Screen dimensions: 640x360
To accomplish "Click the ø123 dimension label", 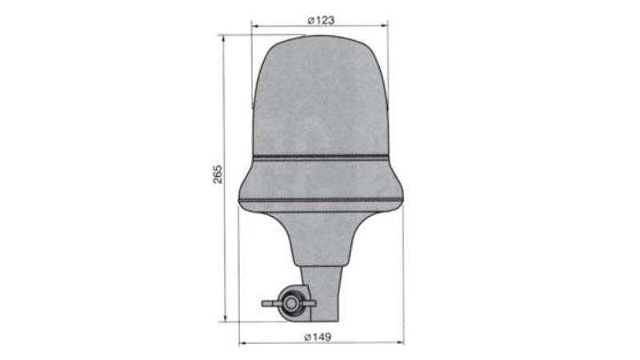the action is (321, 20).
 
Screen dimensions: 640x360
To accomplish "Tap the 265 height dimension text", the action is (218, 174).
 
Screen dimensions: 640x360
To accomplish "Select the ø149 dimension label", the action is (318, 337).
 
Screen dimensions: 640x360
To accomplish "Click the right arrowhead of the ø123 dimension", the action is (384, 26).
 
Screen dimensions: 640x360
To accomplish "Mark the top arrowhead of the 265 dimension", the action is (223, 39).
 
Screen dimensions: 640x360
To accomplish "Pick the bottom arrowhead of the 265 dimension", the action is (225, 318).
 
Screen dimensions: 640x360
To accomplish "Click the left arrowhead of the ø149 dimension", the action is (243, 343).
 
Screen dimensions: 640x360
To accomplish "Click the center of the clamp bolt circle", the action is (291, 303).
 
